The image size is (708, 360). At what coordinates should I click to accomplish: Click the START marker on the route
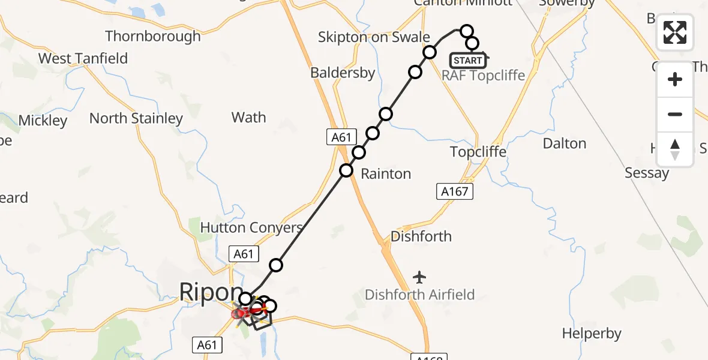click(x=468, y=61)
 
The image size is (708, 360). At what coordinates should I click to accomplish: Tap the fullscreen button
click(x=675, y=32)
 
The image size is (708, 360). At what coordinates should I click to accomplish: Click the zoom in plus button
click(x=675, y=79)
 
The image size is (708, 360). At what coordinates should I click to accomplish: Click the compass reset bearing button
click(x=675, y=149)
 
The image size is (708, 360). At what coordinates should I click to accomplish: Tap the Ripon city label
click(x=204, y=293)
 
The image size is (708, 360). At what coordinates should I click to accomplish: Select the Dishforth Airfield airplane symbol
click(x=419, y=277)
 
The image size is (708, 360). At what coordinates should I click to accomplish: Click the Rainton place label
click(x=386, y=174)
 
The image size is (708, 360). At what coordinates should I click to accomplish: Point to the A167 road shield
click(x=454, y=191)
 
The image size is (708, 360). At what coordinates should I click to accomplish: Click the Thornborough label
click(x=153, y=36)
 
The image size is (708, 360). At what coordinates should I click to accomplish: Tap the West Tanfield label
click(x=83, y=58)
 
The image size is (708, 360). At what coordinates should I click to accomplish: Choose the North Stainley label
click(x=136, y=118)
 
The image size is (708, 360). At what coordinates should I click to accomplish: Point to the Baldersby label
click(x=343, y=73)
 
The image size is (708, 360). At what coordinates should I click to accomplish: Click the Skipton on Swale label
click(x=374, y=37)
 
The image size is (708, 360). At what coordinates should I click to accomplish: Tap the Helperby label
click(x=592, y=333)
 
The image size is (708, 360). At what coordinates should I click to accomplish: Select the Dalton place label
click(x=564, y=143)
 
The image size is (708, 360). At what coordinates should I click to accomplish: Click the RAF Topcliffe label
click(x=483, y=76)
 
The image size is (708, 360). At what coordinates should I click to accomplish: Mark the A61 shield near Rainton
click(x=341, y=137)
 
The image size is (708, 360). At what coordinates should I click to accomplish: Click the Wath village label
click(x=248, y=117)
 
